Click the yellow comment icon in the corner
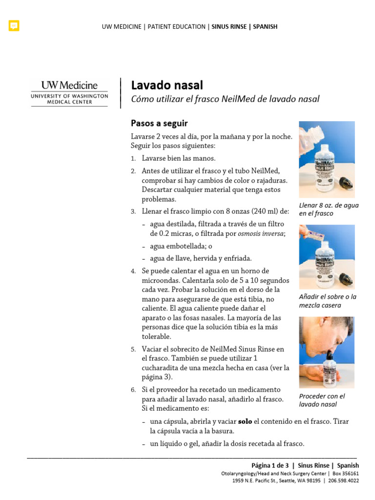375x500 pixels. coord(14,26)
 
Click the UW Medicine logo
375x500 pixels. coord(69,92)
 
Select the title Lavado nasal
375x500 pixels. coord(167,85)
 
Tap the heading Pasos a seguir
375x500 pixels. coord(159,124)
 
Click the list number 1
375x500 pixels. coord(133,159)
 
